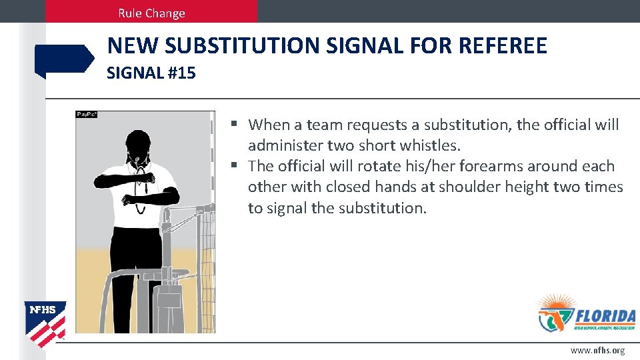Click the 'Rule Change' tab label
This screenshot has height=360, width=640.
click(151, 13)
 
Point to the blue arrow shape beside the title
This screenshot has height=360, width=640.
click(64, 60)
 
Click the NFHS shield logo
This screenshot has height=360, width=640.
click(45, 320)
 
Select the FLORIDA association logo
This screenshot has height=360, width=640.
click(586, 313)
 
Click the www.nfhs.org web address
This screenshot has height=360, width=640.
click(597, 351)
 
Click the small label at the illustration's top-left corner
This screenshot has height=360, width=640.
click(87, 115)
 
